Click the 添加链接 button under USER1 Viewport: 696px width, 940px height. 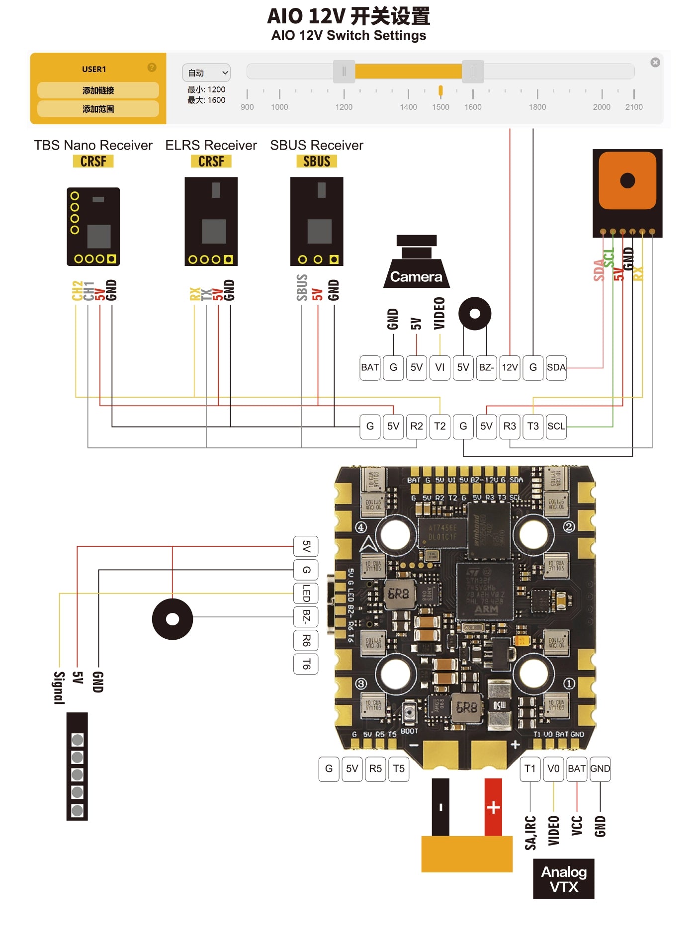pos(98,90)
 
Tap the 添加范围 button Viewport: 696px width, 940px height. pos(98,109)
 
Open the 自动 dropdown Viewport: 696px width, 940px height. pos(206,73)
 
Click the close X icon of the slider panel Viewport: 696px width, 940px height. pos(655,62)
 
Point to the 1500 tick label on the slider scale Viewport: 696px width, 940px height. pos(440,107)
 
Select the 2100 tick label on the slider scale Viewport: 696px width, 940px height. pos(634,107)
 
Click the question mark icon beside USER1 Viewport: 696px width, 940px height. pos(152,68)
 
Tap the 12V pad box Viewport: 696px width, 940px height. pos(510,367)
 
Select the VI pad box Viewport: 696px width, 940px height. pos(439,367)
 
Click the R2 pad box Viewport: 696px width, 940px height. pos(417,426)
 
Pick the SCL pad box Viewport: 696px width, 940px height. pos(556,426)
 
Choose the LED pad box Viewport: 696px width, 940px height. pos(306,593)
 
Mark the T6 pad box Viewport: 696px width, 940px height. pos(306,664)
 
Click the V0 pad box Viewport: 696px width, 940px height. pos(553,769)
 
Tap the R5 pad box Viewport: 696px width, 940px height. pos(375,769)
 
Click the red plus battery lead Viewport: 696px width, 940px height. pos(493,807)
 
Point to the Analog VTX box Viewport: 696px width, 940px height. pos(564,879)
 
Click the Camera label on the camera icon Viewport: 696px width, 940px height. pos(416,277)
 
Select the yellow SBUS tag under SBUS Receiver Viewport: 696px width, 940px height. pos(317,162)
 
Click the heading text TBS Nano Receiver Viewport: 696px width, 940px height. pos(93,145)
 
